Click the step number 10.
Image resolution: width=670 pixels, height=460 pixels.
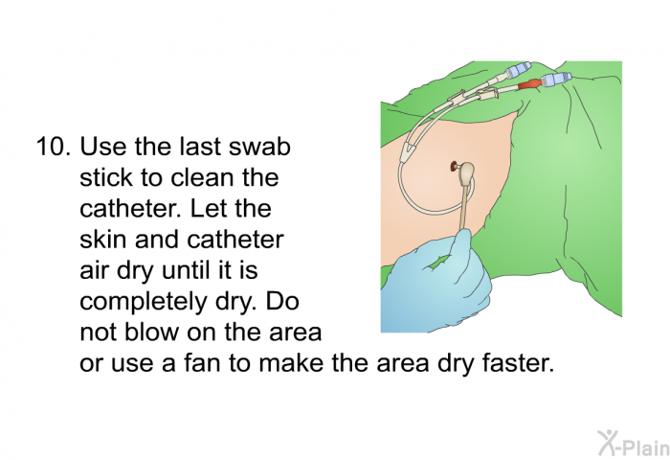pos(53,149)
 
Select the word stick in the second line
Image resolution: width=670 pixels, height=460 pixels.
pos(105,178)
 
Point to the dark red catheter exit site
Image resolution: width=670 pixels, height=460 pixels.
pos(453,170)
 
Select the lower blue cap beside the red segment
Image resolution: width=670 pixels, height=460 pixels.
pos(554,80)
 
